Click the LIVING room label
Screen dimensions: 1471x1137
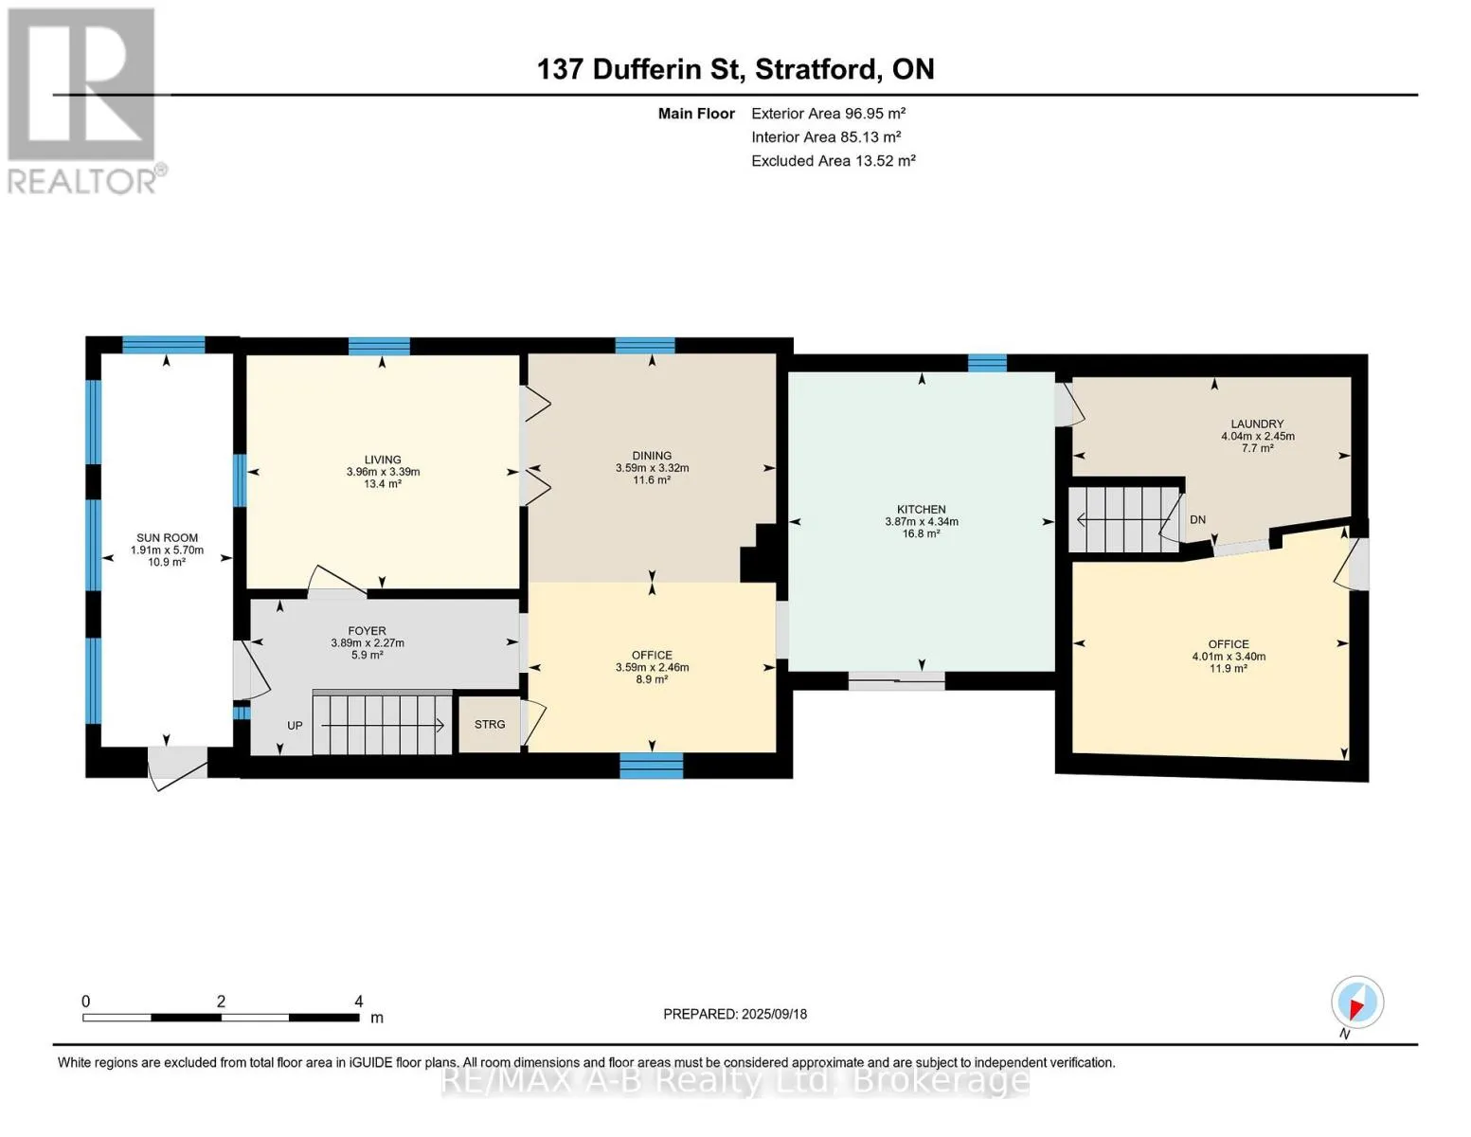click(x=383, y=460)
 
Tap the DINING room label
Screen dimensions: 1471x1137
click(x=652, y=456)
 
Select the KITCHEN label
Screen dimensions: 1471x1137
click(x=922, y=509)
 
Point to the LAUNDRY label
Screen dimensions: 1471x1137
click(x=1257, y=424)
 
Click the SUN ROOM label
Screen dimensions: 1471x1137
click(x=168, y=537)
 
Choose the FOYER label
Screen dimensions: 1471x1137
click(x=367, y=631)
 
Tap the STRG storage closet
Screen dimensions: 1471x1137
click(x=490, y=724)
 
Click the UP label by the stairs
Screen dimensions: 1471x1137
click(x=295, y=725)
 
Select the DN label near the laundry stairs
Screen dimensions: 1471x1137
click(x=1197, y=519)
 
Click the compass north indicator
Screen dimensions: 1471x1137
click(x=1357, y=1002)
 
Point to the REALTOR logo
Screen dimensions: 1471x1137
click(x=84, y=101)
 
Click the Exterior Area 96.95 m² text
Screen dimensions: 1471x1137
click(x=829, y=113)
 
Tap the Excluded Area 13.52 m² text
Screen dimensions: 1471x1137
click(x=834, y=160)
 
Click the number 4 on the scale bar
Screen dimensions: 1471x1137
click(x=359, y=1001)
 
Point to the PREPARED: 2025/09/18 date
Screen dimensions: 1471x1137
click(x=735, y=1014)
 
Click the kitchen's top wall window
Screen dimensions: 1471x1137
click(x=987, y=364)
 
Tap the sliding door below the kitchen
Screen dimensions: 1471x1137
click(x=897, y=681)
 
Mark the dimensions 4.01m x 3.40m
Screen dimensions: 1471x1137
click(x=1229, y=657)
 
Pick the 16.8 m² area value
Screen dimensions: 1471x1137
click(x=922, y=533)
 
